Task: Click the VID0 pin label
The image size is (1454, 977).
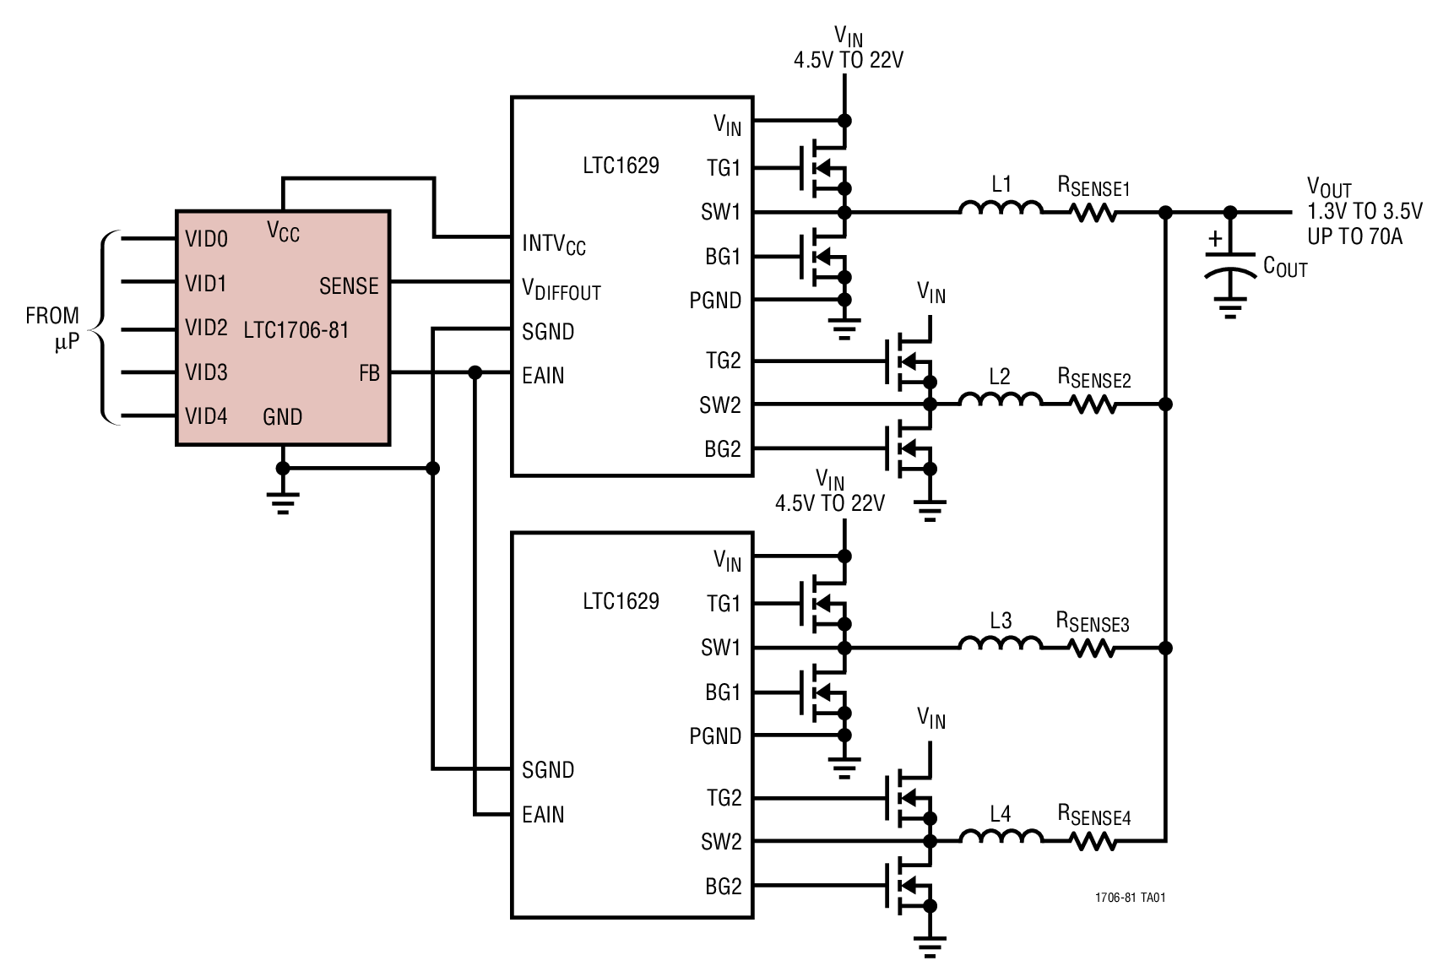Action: point(206,240)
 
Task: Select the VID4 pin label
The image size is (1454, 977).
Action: point(206,416)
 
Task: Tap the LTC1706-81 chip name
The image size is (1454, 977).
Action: point(296,330)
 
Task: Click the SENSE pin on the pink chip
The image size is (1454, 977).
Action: point(349,286)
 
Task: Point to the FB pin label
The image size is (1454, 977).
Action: point(369,373)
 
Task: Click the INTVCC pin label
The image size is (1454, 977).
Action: point(553,245)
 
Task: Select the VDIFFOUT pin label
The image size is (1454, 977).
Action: point(561,290)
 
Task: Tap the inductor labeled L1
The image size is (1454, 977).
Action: point(1001,209)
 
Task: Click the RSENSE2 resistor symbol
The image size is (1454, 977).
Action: point(1093,405)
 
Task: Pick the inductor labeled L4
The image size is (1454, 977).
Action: point(1001,837)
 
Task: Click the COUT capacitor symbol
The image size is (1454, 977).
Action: point(1230,262)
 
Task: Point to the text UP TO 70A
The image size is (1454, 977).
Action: point(1354,237)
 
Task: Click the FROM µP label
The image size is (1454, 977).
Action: point(52,328)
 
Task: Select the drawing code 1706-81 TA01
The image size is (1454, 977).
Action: point(1130,898)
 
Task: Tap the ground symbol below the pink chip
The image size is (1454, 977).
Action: point(283,502)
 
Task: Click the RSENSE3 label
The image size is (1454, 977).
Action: point(1093,623)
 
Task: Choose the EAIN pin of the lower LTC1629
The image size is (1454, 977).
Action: point(543,815)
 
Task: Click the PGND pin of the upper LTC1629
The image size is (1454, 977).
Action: point(715,301)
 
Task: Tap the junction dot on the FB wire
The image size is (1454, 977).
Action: point(475,372)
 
